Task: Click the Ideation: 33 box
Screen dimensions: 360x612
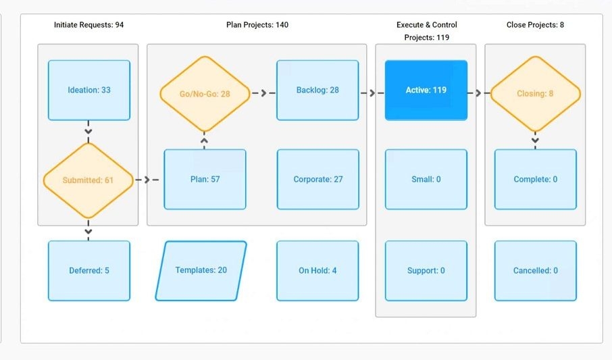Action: (x=88, y=90)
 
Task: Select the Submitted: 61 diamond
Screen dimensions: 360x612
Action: (x=88, y=180)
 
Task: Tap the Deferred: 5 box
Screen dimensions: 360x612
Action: (x=88, y=270)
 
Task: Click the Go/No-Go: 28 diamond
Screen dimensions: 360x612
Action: (x=205, y=94)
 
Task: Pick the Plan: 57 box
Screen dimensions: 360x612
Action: (x=205, y=180)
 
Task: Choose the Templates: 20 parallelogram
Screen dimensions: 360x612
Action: (x=201, y=270)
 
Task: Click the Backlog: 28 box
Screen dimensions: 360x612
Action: (x=317, y=90)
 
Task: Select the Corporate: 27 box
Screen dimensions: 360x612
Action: (x=317, y=180)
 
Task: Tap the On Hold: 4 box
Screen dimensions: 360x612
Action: (x=317, y=270)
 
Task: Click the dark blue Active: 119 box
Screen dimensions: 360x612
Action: (x=426, y=90)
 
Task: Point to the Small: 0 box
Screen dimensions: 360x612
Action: (x=426, y=180)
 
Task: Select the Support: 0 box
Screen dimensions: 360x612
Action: (x=426, y=270)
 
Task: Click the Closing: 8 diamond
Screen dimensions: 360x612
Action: (x=535, y=94)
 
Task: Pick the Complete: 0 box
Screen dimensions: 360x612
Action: (x=535, y=180)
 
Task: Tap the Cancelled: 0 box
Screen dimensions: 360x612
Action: (x=535, y=270)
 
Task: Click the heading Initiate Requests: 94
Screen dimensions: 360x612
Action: (x=88, y=25)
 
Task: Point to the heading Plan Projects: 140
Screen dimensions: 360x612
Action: (x=257, y=25)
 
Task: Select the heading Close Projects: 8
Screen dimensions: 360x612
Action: (x=535, y=25)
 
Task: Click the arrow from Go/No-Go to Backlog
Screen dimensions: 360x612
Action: (x=263, y=93)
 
